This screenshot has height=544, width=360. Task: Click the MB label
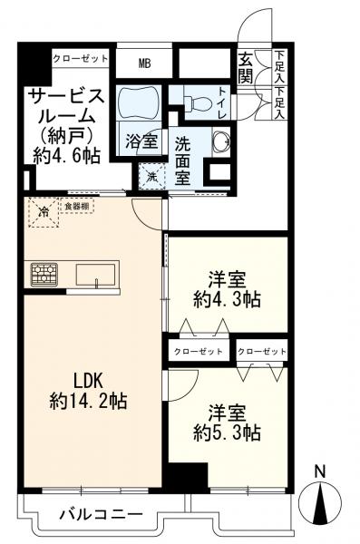coord(144,63)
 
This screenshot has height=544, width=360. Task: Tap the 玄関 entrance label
coord(247,69)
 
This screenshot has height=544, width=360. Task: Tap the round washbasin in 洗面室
coord(219,141)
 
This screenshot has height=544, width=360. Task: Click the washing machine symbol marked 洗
coord(151,175)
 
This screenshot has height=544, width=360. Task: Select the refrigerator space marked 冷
coord(44,212)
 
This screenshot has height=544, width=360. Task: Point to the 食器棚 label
coord(78,207)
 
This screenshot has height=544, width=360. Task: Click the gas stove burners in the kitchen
coord(44,273)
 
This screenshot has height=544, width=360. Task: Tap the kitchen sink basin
coord(93,273)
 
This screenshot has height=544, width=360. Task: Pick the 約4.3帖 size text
coord(227,298)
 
